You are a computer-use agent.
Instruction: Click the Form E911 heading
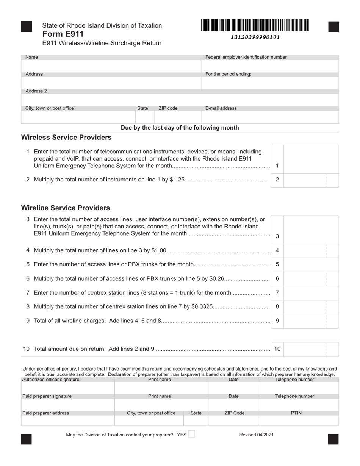pyautogui.click(x=63, y=34)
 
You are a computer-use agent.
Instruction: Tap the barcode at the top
pyautogui.click(x=255, y=25)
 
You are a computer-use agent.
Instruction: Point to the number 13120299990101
pyautogui.click(x=255, y=37)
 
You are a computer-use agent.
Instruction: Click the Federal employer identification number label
pyautogui.click(x=246, y=57)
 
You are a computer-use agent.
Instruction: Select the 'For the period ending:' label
pyautogui.click(x=228, y=74)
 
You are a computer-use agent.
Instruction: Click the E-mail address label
pyautogui.click(x=221, y=108)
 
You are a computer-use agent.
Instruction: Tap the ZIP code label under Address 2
pyautogui.click(x=168, y=108)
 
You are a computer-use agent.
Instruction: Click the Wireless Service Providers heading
pyautogui.click(x=66, y=137)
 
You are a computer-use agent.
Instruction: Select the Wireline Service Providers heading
pyautogui.click(x=66, y=208)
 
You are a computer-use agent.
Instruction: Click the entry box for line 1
pyautogui.click(x=311, y=159)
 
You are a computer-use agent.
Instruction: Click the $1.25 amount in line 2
pyautogui.click(x=177, y=180)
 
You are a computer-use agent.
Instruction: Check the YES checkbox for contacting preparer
pyautogui.click(x=191, y=434)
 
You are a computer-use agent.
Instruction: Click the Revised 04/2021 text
pyautogui.click(x=256, y=435)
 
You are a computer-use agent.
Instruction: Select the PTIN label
pyautogui.click(x=296, y=413)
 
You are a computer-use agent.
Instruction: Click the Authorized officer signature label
pyautogui.click(x=51, y=380)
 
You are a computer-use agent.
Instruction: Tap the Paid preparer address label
pyautogui.click(x=46, y=413)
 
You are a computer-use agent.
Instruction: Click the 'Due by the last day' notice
pyautogui.click(x=180, y=128)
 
